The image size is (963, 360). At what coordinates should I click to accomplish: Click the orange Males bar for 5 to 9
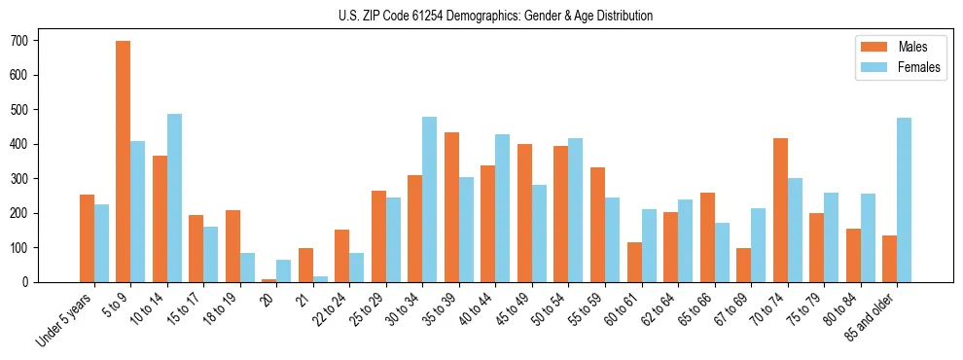124,162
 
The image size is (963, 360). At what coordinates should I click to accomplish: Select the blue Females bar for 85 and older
904,199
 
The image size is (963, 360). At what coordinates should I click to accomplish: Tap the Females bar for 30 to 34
429,199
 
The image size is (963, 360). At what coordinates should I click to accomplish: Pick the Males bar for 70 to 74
780,210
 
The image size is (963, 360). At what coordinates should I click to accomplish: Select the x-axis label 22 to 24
330,310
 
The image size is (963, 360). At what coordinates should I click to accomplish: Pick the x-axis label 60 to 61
622,310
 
